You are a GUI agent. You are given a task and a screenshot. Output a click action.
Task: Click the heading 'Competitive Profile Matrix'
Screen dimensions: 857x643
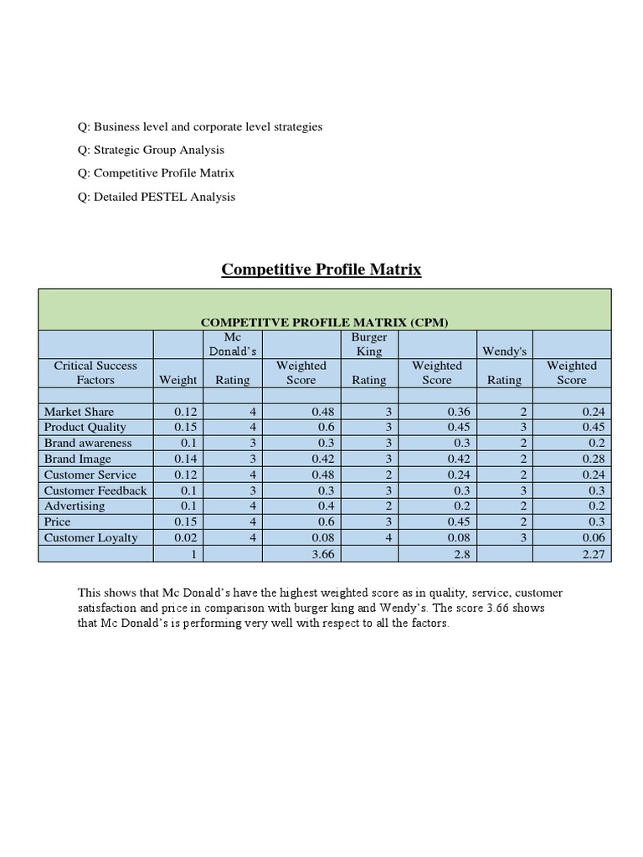(x=321, y=269)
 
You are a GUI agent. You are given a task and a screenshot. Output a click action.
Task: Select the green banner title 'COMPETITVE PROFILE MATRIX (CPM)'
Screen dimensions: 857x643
(x=324, y=322)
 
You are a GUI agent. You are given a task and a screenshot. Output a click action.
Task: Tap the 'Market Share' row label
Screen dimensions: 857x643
(x=79, y=412)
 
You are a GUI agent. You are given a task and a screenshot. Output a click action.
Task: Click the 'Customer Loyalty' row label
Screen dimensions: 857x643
(x=90, y=537)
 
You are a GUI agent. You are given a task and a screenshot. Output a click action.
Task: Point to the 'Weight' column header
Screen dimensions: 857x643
(x=177, y=380)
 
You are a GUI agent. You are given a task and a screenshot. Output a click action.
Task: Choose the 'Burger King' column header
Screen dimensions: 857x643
(x=369, y=344)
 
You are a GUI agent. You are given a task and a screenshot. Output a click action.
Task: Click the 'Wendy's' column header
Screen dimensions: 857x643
(x=504, y=352)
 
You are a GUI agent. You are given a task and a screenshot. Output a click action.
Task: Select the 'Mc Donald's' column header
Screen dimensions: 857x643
(x=233, y=344)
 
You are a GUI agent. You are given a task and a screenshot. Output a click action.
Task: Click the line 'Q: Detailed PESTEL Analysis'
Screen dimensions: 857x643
(x=157, y=197)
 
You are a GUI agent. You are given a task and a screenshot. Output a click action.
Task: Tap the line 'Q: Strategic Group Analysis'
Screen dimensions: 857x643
(x=151, y=150)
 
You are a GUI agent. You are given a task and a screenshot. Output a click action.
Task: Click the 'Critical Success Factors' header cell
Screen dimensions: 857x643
(x=95, y=372)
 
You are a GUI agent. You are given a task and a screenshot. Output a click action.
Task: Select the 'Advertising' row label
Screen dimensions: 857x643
(x=75, y=505)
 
